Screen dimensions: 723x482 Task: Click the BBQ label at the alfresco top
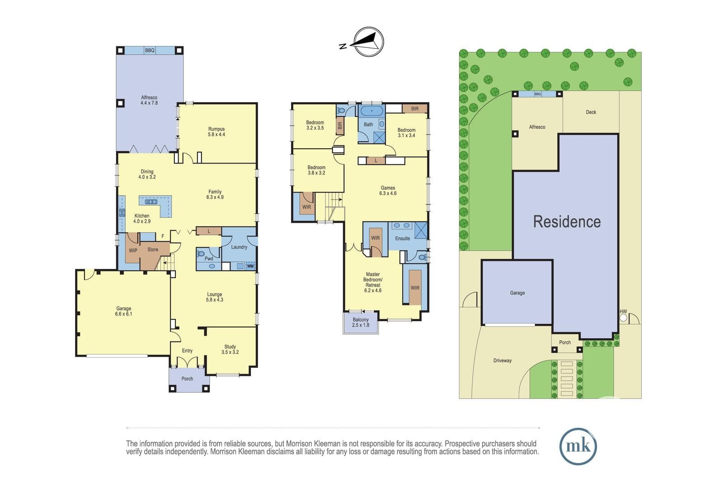pos(150,51)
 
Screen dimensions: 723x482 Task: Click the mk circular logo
pos(578,446)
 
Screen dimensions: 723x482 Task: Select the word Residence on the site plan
pos(567,222)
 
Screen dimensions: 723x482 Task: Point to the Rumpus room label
pos(216,131)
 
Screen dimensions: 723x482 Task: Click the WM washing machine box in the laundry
pos(250,266)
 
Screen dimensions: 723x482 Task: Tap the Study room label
pos(230,349)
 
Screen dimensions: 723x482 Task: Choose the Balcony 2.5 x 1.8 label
pos(361,322)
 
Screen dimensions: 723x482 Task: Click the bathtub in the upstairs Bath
pos(371,111)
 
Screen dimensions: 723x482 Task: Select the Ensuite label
pos(403,239)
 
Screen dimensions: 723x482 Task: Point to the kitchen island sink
pos(151,202)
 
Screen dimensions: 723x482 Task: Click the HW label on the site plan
pos(623,311)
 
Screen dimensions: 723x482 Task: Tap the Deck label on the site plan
pos(591,112)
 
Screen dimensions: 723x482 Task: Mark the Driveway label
pos(502,360)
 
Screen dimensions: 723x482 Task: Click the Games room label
pos(388,191)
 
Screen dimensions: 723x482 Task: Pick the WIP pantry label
pos(133,250)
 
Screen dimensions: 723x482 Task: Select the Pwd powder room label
pos(209,258)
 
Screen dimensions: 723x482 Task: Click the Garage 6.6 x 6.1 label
pos(124,311)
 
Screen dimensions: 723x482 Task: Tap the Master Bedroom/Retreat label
pos(373,282)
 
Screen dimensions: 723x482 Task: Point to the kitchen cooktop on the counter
pos(122,213)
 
